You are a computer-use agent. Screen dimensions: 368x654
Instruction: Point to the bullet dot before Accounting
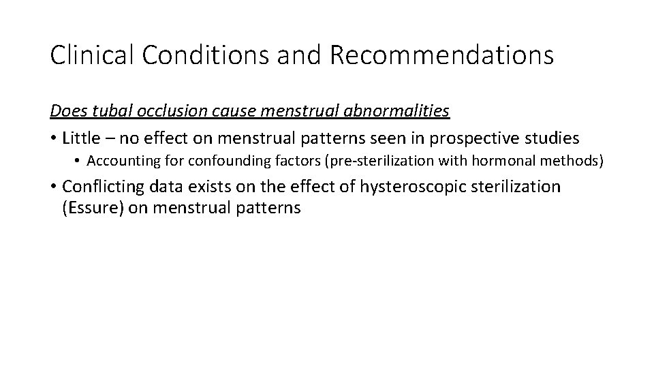point(79,162)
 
